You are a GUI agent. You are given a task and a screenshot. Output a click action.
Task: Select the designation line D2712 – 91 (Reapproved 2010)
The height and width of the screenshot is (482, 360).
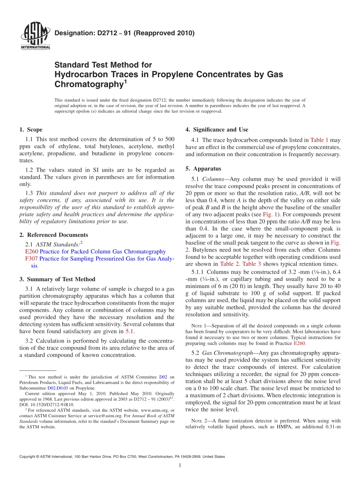pyautogui.click(x=124, y=33)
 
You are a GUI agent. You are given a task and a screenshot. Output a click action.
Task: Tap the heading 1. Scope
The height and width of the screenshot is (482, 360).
pyautogui.click(x=31, y=130)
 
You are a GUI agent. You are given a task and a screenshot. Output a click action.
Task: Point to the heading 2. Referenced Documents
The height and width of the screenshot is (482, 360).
pyautogui.click(x=53, y=235)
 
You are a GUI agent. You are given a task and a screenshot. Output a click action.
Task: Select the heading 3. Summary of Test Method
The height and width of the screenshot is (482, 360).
pyautogui.click(x=57, y=279)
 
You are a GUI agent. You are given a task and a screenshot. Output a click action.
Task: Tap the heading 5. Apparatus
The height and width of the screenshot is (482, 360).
pyautogui.click(x=203, y=169)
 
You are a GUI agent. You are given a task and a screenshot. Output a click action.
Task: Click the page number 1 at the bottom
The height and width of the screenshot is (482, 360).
pyautogui.click(x=180, y=466)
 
